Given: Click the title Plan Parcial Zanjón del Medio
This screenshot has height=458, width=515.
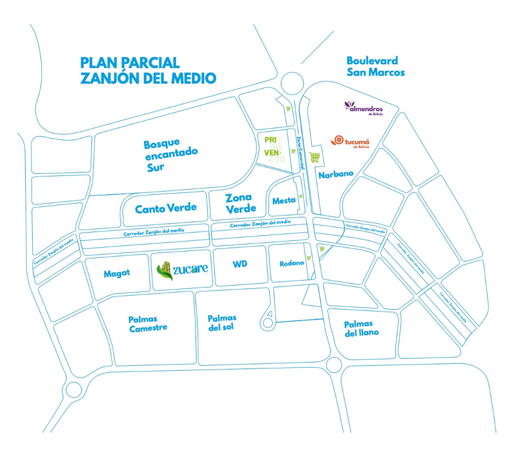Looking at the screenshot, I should [x=148, y=70].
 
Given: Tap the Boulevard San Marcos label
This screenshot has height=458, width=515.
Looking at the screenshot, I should [x=375, y=66].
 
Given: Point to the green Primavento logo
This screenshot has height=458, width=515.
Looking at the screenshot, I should [x=274, y=149].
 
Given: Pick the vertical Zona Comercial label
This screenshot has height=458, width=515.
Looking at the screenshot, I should [x=301, y=153].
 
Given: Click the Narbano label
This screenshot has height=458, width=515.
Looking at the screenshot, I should [x=336, y=174].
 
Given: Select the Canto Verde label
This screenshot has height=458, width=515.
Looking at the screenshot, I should [x=166, y=208].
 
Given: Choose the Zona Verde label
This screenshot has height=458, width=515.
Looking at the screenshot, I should [x=240, y=203].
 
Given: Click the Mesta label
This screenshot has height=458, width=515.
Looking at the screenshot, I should [x=284, y=201].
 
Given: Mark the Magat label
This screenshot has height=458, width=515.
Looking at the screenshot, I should [x=117, y=274].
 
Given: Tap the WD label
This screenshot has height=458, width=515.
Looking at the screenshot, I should [x=239, y=264].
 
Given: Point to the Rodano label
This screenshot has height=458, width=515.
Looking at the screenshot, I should [x=292, y=263].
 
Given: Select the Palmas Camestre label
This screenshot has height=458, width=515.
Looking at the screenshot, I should [x=148, y=324].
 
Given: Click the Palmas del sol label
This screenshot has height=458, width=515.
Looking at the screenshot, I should [x=221, y=323].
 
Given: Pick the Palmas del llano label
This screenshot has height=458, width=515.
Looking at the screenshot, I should [x=361, y=328].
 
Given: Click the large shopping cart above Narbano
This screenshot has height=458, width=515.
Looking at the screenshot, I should [x=314, y=157].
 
